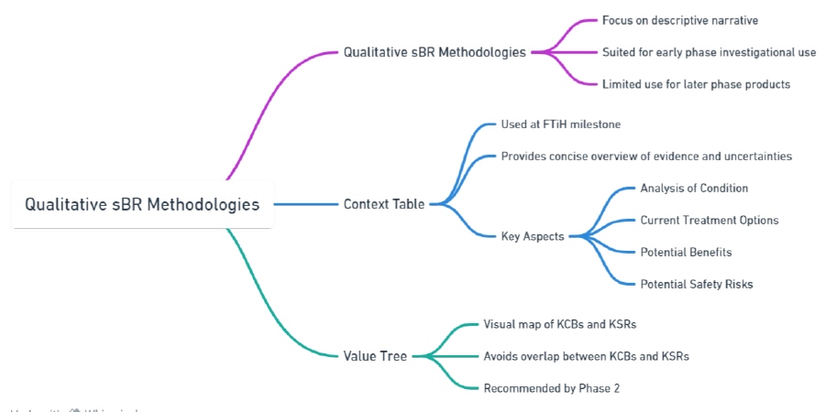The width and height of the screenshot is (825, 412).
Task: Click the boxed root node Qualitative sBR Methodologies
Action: [x=142, y=204]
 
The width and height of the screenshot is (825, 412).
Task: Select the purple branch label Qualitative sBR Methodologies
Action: [x=434, y=52]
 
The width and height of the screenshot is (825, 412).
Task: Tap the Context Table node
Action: [x=384, y=204]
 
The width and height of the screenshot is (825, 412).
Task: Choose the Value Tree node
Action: [x=375, y=355]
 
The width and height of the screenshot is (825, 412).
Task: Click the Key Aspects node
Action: [x=532, y=235]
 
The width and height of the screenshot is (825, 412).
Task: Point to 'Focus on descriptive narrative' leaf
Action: [x=680, y=20]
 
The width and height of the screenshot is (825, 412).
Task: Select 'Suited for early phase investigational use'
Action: [x=709, y=52]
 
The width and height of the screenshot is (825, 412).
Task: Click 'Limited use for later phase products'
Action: [x=696, y=84]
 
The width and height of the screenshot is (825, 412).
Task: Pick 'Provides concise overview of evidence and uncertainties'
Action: [x=646, y=156]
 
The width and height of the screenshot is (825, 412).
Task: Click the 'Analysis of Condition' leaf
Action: [x=694, y=189]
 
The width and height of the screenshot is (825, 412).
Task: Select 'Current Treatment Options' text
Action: [x=709, y=220]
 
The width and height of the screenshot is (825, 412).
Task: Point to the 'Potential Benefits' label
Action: [x=686, y=252]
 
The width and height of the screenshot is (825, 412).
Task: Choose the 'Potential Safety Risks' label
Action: [x=697, y=284]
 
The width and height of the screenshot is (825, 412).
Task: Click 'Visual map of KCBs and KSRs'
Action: [x=559, y=324]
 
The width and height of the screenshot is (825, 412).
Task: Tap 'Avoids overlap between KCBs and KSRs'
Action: [x=587, y=355]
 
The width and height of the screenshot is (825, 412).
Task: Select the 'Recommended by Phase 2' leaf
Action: [x=552, y=387]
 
